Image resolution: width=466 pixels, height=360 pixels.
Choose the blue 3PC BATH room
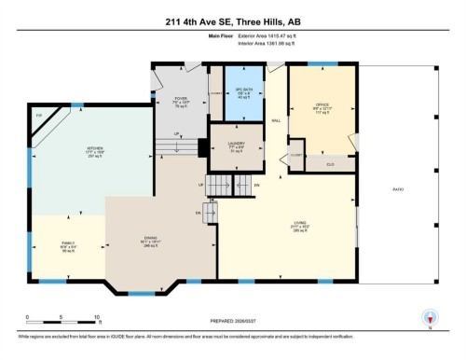click(x=242, y=93)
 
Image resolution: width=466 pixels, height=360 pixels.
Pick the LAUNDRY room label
click(x=236, y=145)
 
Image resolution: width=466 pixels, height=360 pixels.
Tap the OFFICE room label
click(x=322, y=105)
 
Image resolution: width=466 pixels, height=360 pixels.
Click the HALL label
click(x=276, y=121)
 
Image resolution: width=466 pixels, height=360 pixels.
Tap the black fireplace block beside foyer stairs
click(x=199, y=148)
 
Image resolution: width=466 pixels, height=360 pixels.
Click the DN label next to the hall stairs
click(x=256, y=186)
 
